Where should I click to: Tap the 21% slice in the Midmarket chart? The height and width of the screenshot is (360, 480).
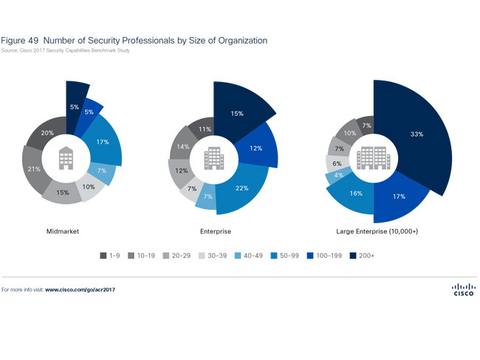(32, 169)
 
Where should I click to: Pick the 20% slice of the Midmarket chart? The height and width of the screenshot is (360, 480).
(46, 134)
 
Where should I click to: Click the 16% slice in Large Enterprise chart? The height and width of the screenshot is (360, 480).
(356, 194)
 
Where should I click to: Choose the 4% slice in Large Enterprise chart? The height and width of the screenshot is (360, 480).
(337, 175)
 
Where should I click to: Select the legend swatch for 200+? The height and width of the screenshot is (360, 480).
(353, 256)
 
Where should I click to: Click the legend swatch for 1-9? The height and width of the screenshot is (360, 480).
(103, 256)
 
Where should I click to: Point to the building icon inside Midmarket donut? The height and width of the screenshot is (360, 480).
(65, 157)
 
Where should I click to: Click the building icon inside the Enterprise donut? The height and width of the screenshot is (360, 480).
(214, 157)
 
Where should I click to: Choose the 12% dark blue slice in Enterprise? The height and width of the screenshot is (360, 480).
(256, 149)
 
